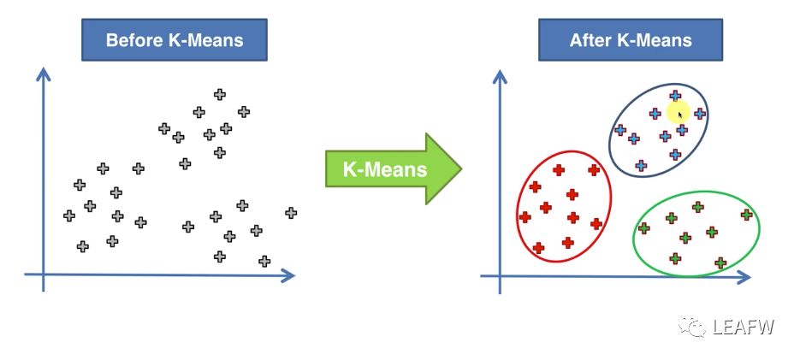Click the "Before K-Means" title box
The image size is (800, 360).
(175, 40)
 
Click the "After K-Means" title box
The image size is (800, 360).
(631, 40)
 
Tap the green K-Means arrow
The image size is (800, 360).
(393, 168)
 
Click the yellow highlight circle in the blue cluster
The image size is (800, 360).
(679, 113)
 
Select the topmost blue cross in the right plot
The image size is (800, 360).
(675, 96)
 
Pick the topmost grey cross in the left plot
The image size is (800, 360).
(220, 95)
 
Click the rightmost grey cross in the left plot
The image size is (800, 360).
(291, 213)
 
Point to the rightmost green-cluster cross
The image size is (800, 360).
(747, 215)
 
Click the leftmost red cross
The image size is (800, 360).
(524, 217)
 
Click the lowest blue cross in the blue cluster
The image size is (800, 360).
(641, 166)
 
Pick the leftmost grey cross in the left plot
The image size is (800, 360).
(69, 215)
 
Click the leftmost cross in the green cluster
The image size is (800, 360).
(644, 228)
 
